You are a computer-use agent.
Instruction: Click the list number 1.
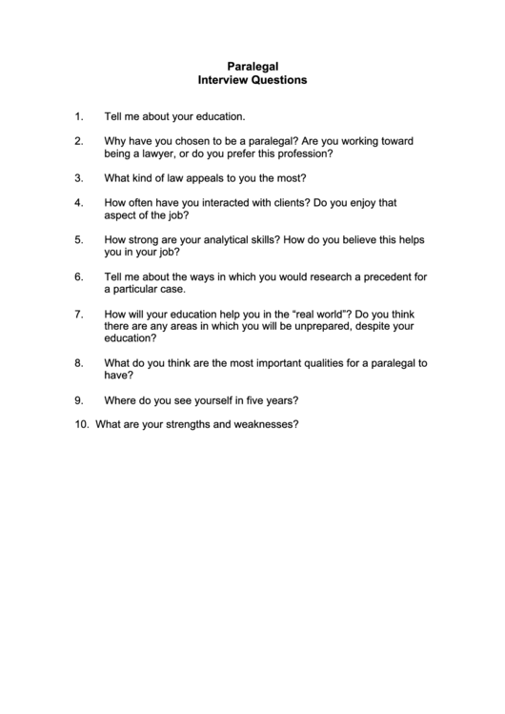coord(78,116)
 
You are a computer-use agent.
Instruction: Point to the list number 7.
coord(78,314)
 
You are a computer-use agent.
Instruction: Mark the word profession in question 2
coord(307,153)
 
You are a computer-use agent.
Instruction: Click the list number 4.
coord(78,203)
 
